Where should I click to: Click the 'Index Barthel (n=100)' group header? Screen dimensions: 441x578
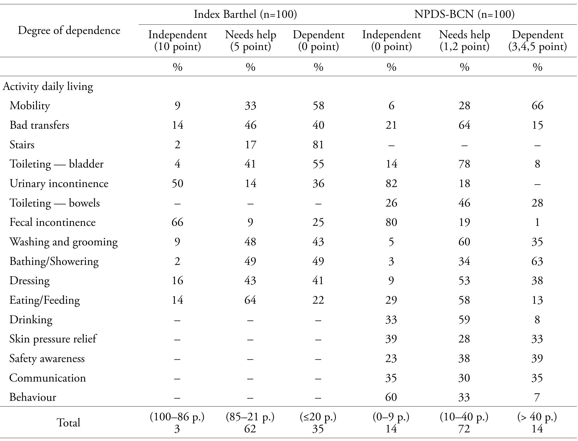[x=245, y=14]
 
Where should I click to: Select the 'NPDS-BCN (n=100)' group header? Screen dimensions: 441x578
[x=464, y=14]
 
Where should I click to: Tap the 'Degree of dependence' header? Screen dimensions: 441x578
[x=69, y=30]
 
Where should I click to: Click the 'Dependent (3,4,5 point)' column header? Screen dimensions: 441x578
[x=537, y=41]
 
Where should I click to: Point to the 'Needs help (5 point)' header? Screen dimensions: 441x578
[x=250, y=41]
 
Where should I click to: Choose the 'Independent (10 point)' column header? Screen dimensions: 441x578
[x=177, y=41]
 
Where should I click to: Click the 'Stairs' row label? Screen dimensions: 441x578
[x=22, y=145]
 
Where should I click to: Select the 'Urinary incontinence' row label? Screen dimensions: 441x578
[x=59, y=183]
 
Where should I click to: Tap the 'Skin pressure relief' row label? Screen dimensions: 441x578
[x=53, y=339]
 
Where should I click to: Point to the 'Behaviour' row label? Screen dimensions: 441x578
[x=32, y=397]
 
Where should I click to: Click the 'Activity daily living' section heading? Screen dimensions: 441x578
[x=48, y=86]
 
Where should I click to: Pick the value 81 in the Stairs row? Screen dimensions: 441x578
[x=318, y=145]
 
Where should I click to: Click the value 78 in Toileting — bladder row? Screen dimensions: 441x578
[x=464, y=164]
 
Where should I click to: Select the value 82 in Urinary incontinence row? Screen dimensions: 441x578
[x=391, y=183]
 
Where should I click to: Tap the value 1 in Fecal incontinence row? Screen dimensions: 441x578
[x=537, y=222]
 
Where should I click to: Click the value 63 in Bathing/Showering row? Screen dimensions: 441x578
[x=537, y=261]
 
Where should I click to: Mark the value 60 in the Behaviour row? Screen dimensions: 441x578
[x=391, y=397]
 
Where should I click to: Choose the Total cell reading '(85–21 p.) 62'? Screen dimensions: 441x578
[x=250, y=423]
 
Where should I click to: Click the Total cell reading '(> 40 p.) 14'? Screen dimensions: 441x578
[x=537, y=423]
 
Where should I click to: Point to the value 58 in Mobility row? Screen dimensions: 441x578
[x=318, y=106]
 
